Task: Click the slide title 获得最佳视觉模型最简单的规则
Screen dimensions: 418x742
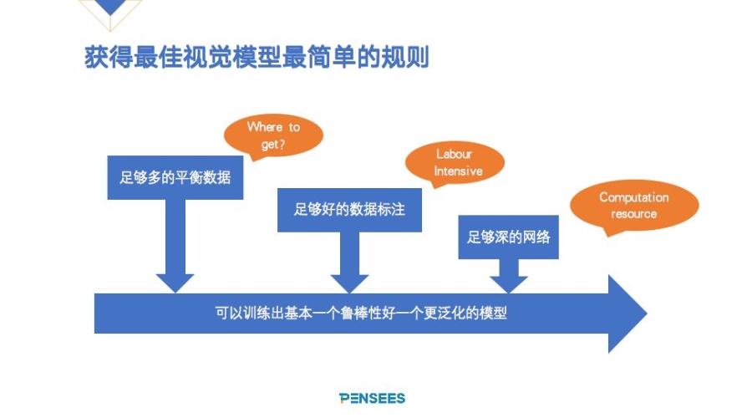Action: click(x=257, y=59)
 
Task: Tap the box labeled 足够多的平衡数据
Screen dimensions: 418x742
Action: click(x=175, y=177)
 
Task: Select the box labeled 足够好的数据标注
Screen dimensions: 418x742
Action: click(x=349, y=209)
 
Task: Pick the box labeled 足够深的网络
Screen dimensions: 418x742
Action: click(x=509, y=237)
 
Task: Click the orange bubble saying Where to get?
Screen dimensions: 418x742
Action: click(x=273, y=135)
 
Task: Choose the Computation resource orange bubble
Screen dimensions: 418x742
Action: click(x=634, y=206)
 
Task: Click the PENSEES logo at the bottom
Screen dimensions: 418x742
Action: click(x=372, y=398)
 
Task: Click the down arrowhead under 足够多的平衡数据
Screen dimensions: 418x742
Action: click(x=175, y=280)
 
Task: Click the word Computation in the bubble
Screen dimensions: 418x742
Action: click(x=634, y=197)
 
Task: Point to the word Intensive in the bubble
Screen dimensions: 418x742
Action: click(x=458, y=171)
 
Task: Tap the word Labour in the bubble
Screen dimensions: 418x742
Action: click(x=455, y=155)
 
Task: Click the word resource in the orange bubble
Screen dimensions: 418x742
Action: click(x=634, y=214)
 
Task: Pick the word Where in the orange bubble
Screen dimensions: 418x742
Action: click(x=265, y=127)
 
